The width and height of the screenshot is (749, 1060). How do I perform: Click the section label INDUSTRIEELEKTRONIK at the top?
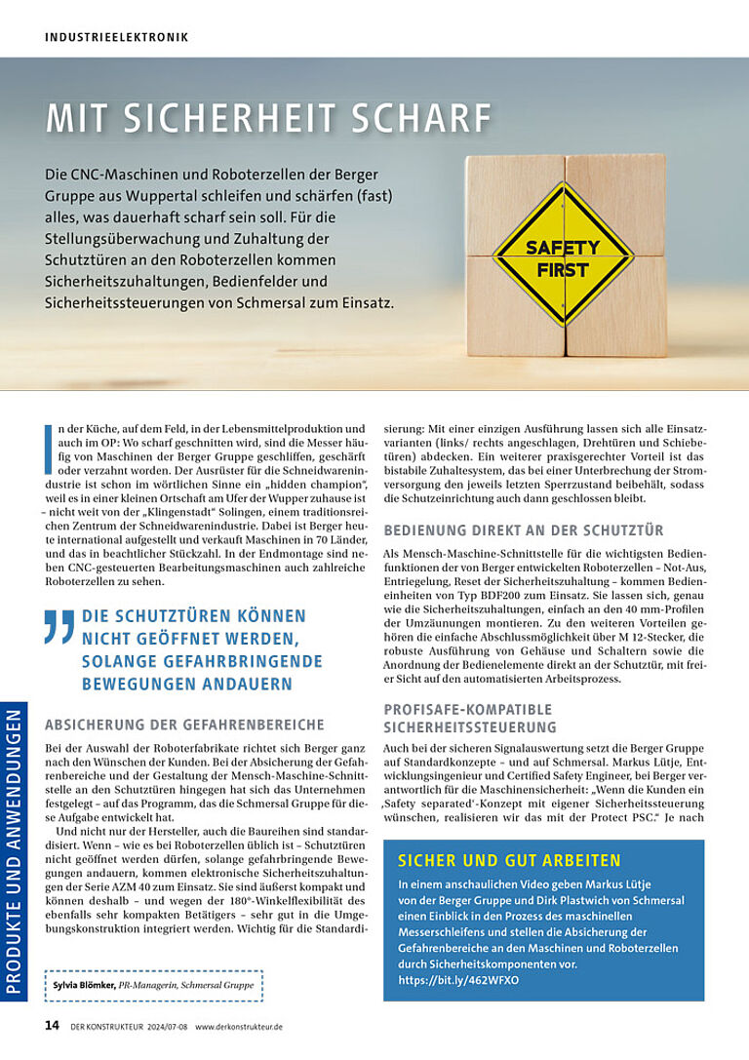point(117,37)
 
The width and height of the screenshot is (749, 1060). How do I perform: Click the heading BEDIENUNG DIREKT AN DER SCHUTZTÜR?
point(525,530)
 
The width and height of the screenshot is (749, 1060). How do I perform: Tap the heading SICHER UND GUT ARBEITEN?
point(510,860)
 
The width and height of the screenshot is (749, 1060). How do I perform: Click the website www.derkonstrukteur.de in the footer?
point(239,1027)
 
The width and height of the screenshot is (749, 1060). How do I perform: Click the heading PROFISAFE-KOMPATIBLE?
point(468,709)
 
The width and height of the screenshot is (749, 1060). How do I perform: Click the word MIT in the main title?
point(75,118)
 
